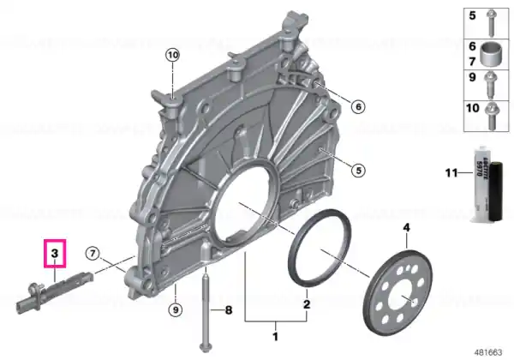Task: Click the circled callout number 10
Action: [172, 55]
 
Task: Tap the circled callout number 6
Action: [358, 106]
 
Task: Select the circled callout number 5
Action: [358, 171]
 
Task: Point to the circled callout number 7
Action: [93, 253]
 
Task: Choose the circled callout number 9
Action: [176, 309]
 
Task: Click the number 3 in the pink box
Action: [55, 253]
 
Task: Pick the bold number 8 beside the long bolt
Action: [229, 309]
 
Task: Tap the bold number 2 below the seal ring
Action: [307, 304]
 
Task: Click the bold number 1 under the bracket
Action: [275, 336]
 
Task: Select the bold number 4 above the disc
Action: [406, 227]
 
